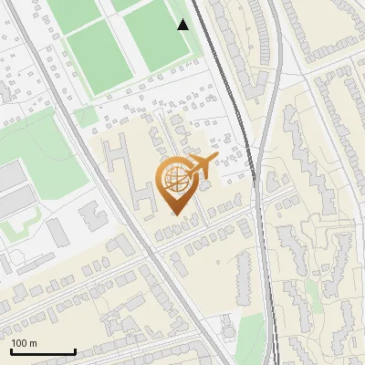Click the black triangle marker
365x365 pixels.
pos(183,25)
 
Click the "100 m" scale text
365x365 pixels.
pos(25,343)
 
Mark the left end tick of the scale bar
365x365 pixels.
pos(11,350)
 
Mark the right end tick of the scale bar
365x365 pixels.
pos(75,350)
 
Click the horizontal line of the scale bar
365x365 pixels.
pos(43,352)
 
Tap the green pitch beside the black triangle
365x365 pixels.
pos(155,36)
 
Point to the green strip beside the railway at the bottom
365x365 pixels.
pos(246,342)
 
